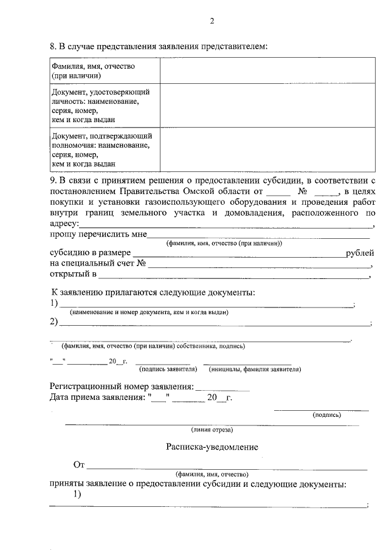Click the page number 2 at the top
pyautogui.click(x=212, y=21)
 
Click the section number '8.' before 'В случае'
pyautogui.click(x=53, y=46)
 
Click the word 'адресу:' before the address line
pyautogui.click(x=63, y=224)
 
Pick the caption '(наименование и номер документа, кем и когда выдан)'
pyautogui.click(x=149, y=312)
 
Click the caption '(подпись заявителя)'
pyautogui.click(x=168, y=369)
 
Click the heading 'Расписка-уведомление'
pyautogui.click(x=212, y=447)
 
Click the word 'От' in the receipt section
pyautogui.click(x=78, y=466)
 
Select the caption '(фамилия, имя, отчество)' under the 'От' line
pyautogui.click(x=212, y=474)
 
